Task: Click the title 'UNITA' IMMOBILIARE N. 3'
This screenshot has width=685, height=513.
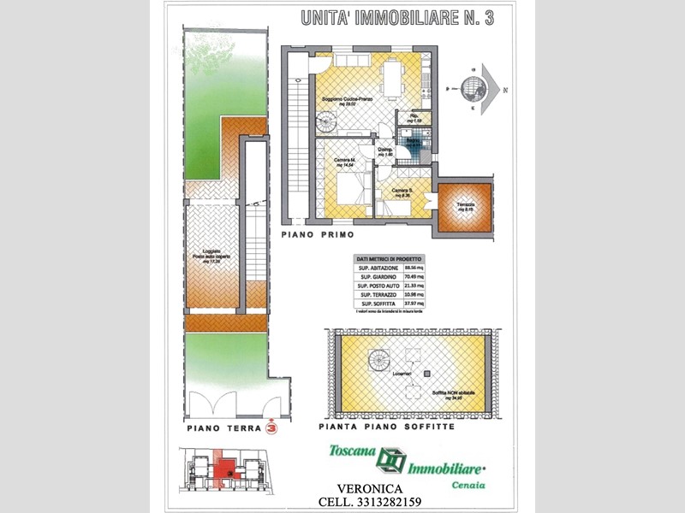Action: [397, 18]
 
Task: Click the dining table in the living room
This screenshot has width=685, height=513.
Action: [395, 78]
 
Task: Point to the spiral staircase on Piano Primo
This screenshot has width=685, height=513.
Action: [327, 123]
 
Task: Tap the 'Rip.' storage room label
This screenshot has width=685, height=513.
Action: [414, 119]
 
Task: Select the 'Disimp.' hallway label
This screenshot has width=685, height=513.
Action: [385, 152]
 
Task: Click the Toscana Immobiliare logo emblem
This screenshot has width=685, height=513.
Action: [390, 460]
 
